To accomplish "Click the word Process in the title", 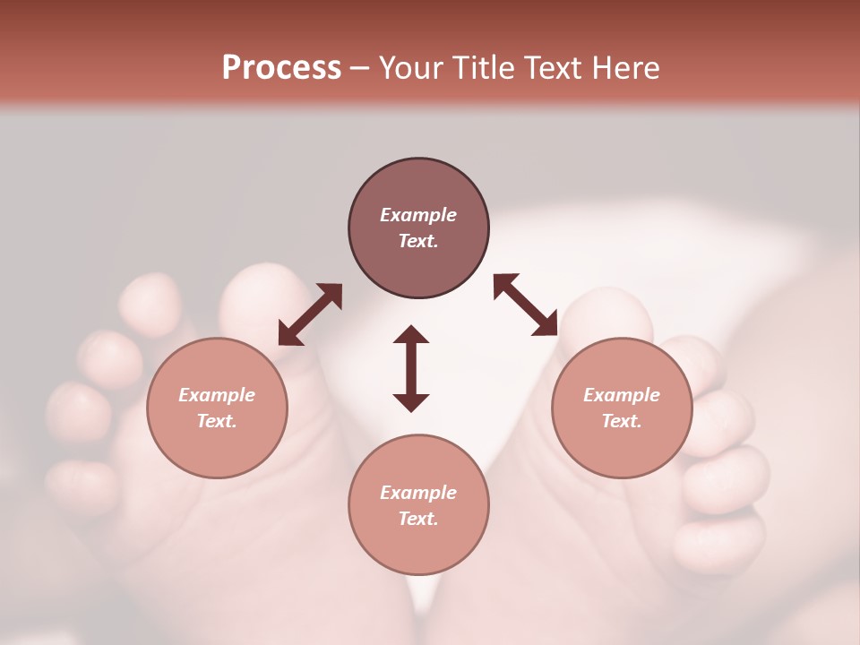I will coord(281,68).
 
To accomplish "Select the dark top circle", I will coord(418,228).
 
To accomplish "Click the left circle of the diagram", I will coord(217,408).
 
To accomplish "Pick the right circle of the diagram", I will coord(622,408).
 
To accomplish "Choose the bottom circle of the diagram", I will coord(418,505).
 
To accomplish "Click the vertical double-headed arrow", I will coord(411,368).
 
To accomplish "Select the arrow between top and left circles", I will coord(310,314).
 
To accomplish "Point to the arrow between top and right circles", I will coord(526,305).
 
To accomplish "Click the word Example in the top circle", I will coord(418,215).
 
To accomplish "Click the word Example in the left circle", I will coord(217,395).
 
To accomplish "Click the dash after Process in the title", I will coord(360,68).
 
